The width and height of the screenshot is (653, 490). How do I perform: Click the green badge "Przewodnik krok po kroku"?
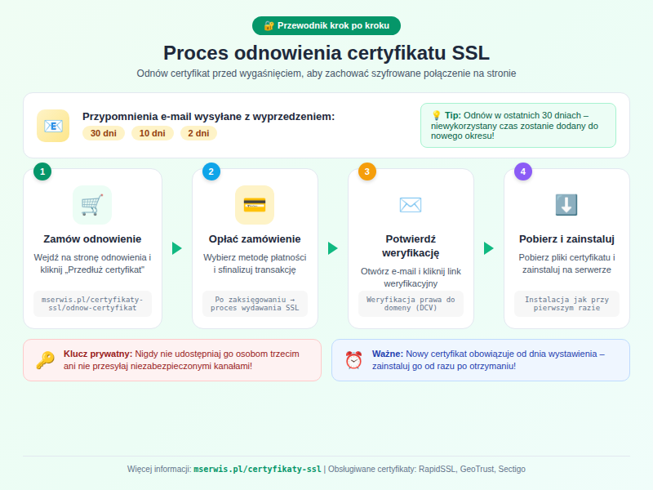[x=326, y=25]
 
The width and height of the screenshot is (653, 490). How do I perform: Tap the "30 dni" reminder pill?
[x=104, y=133]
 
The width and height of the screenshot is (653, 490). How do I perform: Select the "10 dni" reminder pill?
[x=153, y=133]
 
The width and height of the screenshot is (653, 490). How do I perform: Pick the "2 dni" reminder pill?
[x=198, y=133]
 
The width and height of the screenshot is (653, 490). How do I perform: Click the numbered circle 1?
[x=42, y=171]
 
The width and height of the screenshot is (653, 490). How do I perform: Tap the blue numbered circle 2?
[x=211, y=171]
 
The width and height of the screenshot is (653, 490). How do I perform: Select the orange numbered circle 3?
[x=367, y=171]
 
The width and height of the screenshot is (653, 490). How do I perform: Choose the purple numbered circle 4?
[x=523, y=171]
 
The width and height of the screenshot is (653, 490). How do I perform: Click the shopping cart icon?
[x=92, y=205]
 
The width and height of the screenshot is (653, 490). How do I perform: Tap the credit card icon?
[x=255, y=205]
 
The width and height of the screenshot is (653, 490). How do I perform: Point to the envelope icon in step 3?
[x=411, y=205]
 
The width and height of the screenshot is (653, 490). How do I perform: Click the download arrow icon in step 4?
[x=566, y=205]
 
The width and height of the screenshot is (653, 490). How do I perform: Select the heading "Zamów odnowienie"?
[x=92, y=239]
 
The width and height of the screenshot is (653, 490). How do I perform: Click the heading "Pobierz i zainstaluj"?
[x=566, y=239]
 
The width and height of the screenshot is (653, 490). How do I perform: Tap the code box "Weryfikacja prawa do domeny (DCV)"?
[x=411, y=304]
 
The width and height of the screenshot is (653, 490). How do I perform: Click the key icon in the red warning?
[x=45, y=360]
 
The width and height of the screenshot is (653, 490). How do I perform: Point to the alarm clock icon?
[x=353, y=360]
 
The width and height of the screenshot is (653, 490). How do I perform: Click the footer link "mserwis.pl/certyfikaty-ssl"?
[x=257, y=470]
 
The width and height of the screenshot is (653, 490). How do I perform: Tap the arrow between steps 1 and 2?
[x=177, y=248]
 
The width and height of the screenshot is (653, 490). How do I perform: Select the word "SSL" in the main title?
[x=468, y=53]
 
